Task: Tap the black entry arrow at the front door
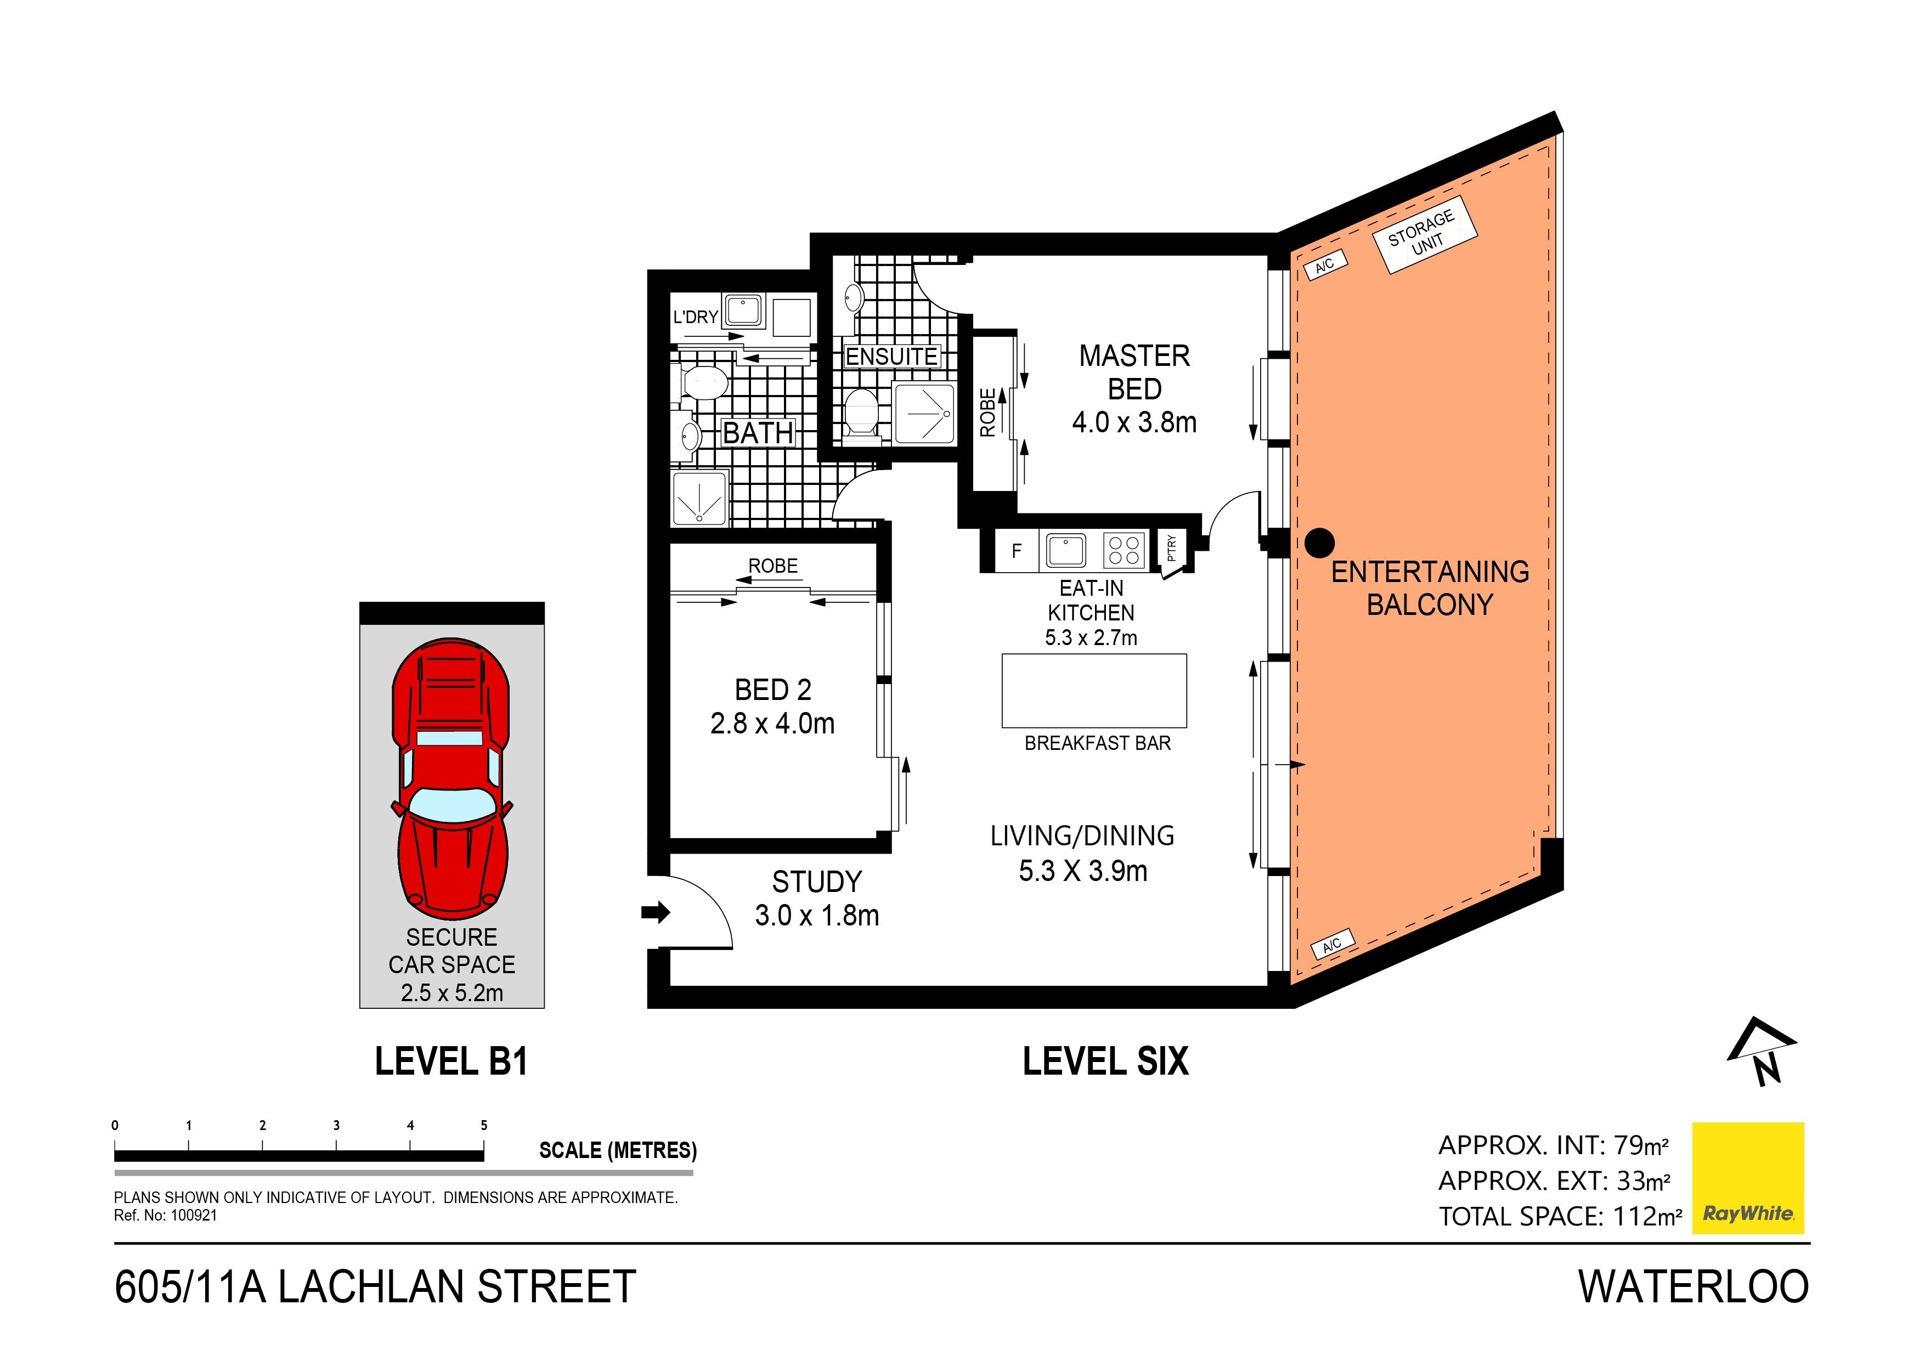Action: click(656, 912)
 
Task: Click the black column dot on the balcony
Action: click(1320, 544)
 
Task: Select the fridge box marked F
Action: click(1016, 551)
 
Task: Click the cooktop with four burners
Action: click(1124, 551)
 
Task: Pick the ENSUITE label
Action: click(891, 357)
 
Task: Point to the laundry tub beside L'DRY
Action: click(743, 311)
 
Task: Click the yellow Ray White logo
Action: click(1748, 1178)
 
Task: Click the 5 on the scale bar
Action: click(484, 1125)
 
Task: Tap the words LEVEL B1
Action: click(451, 1061)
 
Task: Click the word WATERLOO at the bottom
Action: click(1693, 1287)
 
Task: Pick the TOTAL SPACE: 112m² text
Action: click(1560, 1216)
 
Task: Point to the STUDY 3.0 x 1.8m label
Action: click(817, 898)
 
